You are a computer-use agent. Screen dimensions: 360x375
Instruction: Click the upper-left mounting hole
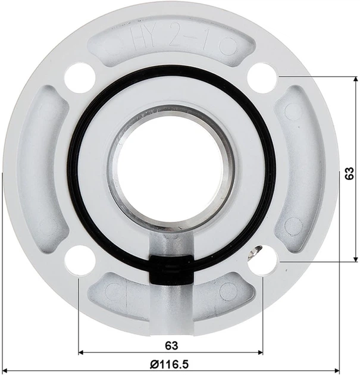point(80,77)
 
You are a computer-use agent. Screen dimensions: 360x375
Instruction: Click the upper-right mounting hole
point(262,78)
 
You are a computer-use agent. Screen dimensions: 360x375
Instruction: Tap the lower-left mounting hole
point(80,260)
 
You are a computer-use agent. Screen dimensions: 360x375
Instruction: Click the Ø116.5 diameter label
point(169,365)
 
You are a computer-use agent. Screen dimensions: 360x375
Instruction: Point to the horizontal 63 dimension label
point(171,346)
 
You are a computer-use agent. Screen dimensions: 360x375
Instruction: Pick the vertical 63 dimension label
point(349,173)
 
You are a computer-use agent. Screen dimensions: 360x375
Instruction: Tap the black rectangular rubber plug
point(171,269)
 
